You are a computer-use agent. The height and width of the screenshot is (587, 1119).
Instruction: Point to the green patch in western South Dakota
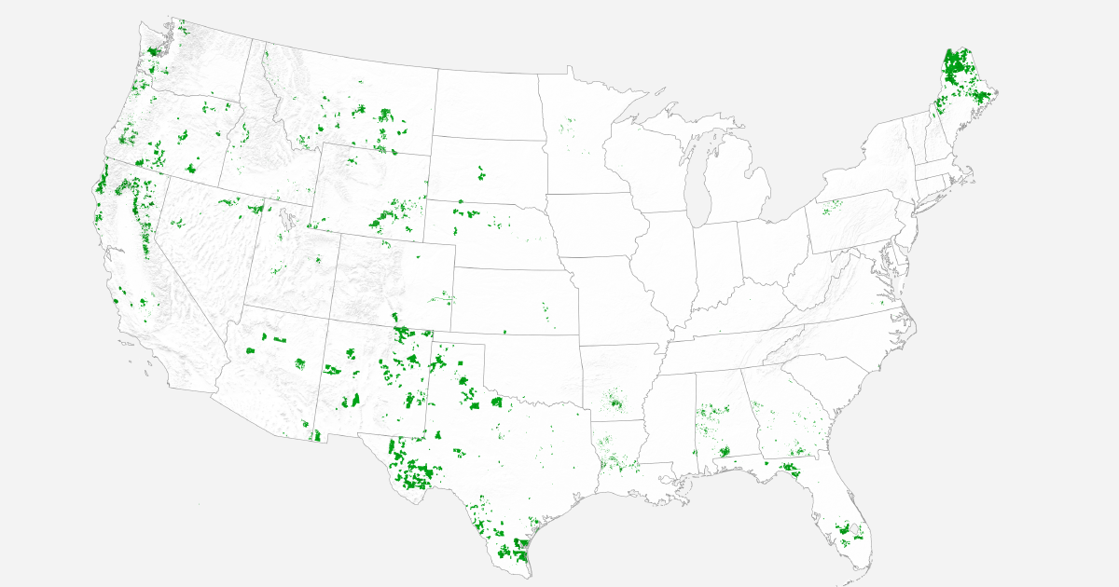point(482,173)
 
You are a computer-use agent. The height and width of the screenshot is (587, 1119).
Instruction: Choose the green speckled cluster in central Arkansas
point(615,403)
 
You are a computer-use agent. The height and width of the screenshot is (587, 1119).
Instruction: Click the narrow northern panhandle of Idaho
point(257,70)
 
